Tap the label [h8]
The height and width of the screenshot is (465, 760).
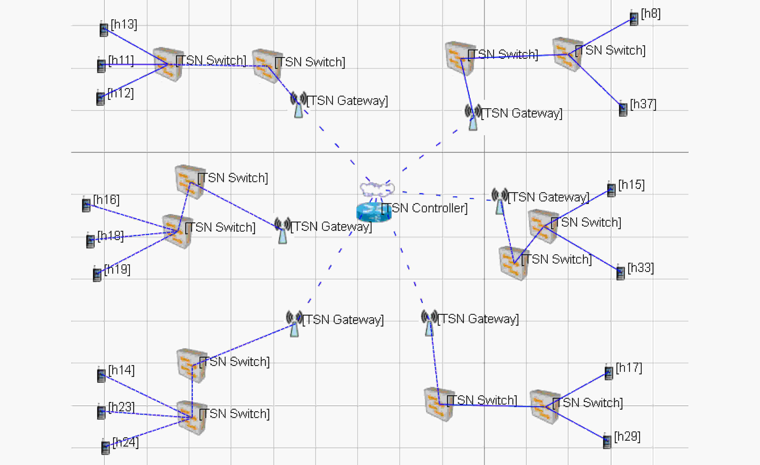(x=650, y=14)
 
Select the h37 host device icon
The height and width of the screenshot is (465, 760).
(x=623, y=108)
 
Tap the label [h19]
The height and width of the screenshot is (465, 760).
(x=117, y=270)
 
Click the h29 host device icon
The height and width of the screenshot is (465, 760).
(x=607, y=441)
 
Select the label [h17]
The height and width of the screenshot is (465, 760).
(x=629, y=368)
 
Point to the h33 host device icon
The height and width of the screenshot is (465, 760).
(x=621, y=272)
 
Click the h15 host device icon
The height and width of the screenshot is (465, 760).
(x=611, y=189)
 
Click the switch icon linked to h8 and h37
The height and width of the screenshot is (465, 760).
(x=568, y=55)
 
